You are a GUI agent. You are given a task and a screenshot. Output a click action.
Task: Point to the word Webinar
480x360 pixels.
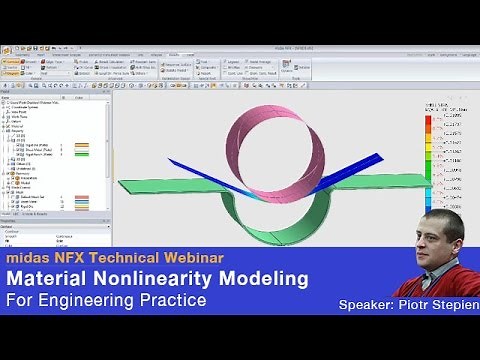point(186,258)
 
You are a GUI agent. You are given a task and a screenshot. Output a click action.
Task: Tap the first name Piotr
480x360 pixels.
point(415,302)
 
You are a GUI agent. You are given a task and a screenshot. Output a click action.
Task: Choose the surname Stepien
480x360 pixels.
point(455,302)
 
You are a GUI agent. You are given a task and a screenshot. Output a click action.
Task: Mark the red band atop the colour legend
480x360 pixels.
point(428,121)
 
